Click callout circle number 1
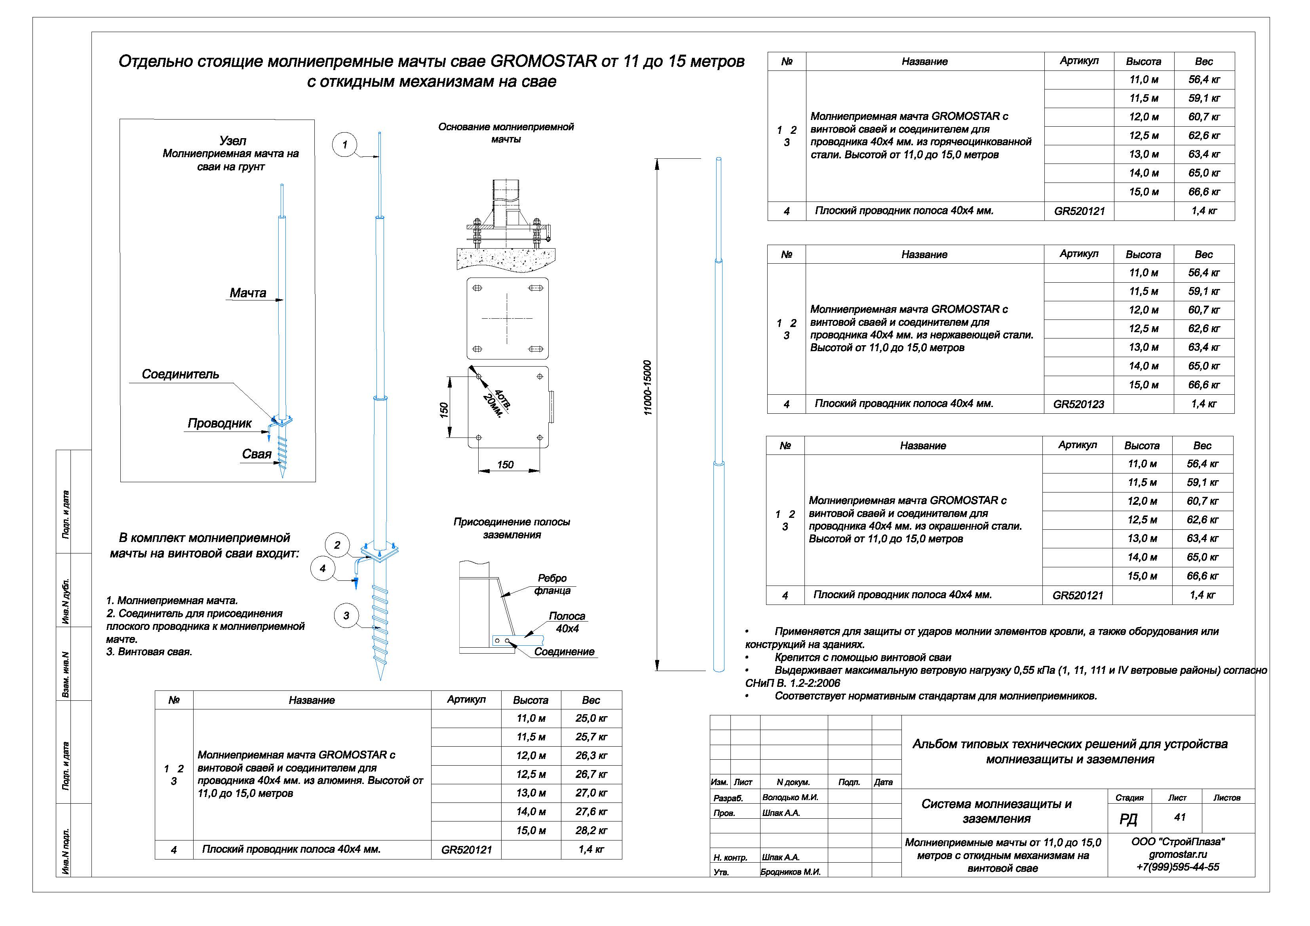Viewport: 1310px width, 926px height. tap(344, 145)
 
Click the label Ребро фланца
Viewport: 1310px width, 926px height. tap(552, 584)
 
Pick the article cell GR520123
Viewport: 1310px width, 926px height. tap(1078, 405)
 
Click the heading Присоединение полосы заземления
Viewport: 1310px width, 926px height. tap(512, 529)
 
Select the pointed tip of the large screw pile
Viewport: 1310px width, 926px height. tap(380, 679)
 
